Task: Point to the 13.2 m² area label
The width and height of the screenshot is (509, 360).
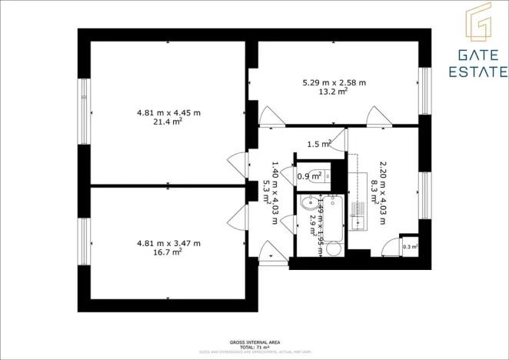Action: (x=334, y=91)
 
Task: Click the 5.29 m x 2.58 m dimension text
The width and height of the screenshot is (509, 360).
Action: (x=334, y=82)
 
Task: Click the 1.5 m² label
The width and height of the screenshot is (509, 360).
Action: (x=318, y=144)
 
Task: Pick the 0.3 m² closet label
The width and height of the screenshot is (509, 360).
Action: (x=409, y=247)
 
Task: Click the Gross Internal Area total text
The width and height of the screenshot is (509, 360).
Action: (x=254, y=345)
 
